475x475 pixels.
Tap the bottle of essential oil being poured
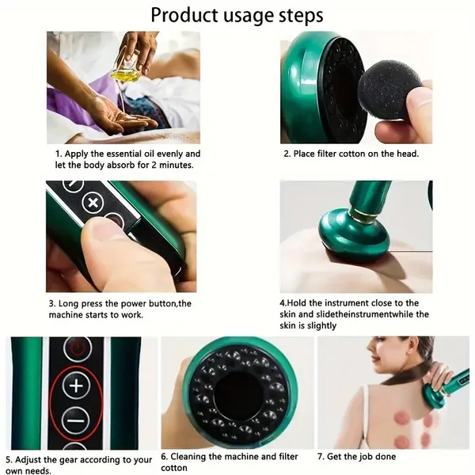[x=126, y=71]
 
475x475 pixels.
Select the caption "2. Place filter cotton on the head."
[x=351, y=154]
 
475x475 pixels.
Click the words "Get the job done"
[x=364, y=457]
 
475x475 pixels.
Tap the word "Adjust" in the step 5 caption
[x=30, y=459]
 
